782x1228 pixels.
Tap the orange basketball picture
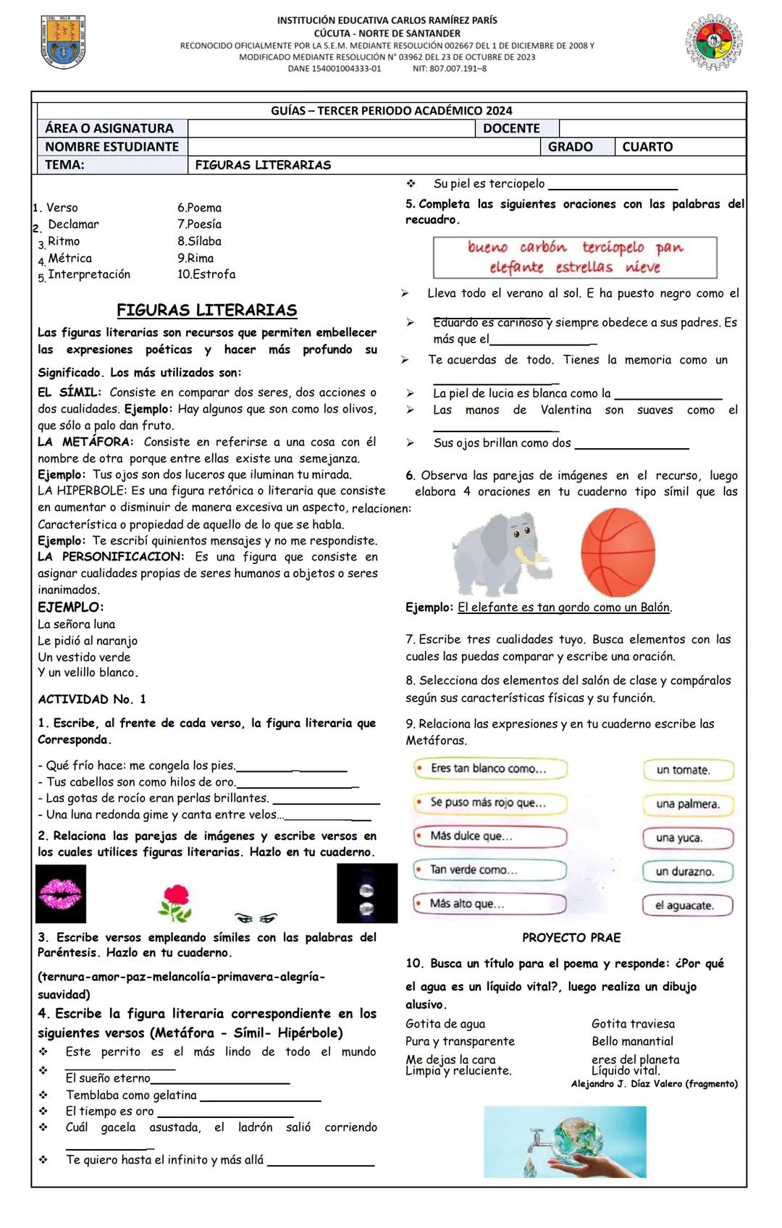tap(618, 552)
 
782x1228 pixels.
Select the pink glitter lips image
tap(61, 893)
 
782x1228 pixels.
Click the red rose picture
tap(175, 902)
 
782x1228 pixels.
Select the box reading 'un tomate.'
tap(688, 770)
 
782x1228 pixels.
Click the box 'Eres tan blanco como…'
tap(489, 768)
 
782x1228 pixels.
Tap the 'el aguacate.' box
tap(688, 905)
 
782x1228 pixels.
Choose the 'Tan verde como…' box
tap(489, 870)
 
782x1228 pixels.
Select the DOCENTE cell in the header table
tap(511, 129)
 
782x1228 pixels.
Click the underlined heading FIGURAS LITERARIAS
tap(207, 311)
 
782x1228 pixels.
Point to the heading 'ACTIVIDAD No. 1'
tap(92, 699)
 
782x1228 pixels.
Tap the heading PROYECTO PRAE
tap(571, 938)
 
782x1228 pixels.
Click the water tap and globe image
tap(565, 1141)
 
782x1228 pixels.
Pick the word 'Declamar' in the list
tap(73, 224)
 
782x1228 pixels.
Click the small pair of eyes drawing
tap(256, 918)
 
